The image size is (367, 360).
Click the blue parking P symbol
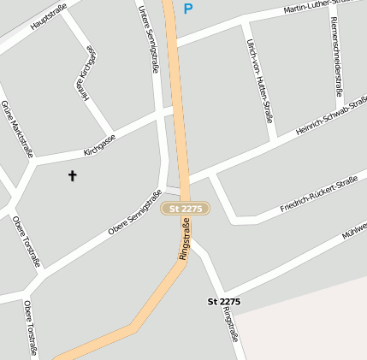(188, 9)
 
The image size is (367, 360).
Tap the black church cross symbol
(72, 176)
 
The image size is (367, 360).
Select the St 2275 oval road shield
(186, 209)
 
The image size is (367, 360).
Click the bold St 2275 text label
(224, 302)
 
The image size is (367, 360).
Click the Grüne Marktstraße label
(16, 128)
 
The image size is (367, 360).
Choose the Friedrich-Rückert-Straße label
(318, 196)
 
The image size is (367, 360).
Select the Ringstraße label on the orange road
(184, 239)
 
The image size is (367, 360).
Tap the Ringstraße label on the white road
(229, 325)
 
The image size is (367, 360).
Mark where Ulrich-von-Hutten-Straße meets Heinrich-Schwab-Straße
(272, 139)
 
